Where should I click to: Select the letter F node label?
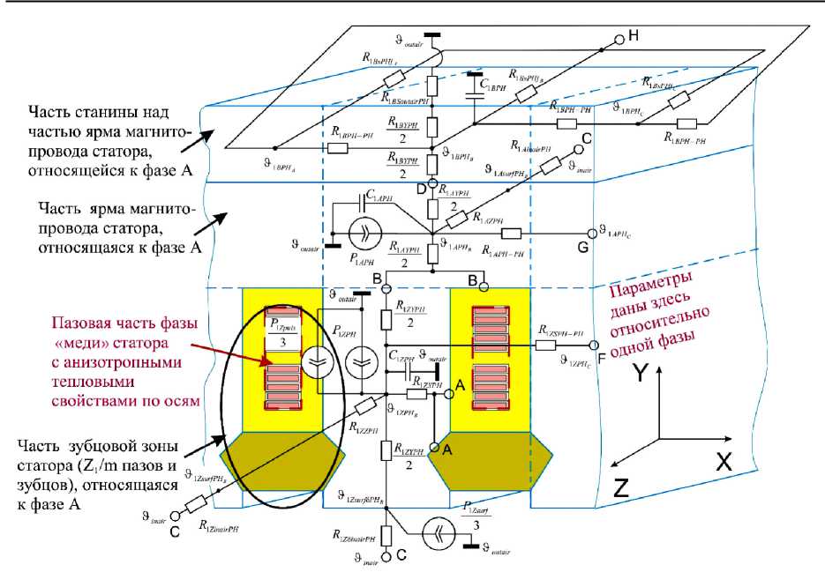click(x=601, y=359)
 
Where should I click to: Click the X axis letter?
click(x=724, y=460)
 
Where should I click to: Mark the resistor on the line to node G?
click(x=513, y=234)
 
